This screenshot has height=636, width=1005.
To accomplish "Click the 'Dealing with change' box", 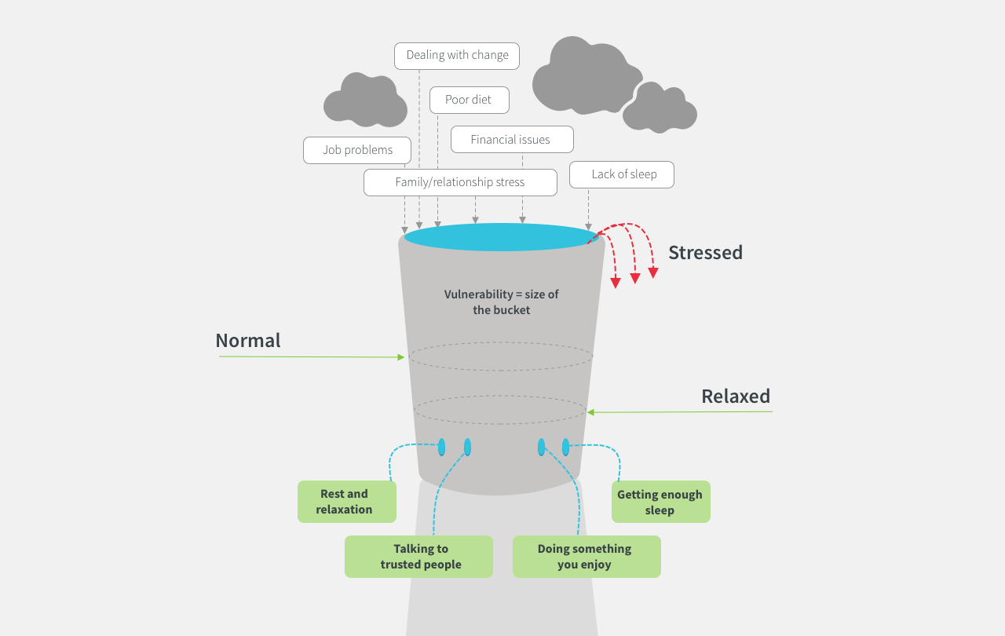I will tap(457, 56).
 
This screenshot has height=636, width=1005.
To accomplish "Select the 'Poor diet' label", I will tap(469, 100).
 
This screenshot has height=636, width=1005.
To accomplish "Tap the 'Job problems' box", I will tap(357, 150).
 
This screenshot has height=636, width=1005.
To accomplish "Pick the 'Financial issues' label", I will tap(511, 140).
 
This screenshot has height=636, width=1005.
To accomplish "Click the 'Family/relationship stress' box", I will tap(460, 182).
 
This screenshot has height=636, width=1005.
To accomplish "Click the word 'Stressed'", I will tap(705, 253).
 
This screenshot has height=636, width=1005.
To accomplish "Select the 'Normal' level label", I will tap(248, 341).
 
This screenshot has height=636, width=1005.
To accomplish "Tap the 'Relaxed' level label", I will tap(736, 397).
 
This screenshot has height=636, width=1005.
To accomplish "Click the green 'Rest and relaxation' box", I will tap(345, 502).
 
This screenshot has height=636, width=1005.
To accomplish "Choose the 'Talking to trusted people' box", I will tap(419, 557).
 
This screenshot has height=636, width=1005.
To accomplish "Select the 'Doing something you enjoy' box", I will tap(586, 557).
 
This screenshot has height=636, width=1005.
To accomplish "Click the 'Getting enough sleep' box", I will tap(660, 502).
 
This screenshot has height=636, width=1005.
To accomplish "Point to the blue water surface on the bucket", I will tap(501, 237).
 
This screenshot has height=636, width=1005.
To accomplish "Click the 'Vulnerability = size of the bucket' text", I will tap(501, 302).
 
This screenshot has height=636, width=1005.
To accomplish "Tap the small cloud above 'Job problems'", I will tap(365, 101).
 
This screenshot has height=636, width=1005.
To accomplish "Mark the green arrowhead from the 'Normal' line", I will tap(401, 357).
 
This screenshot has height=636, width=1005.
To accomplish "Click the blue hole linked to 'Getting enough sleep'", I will tap(565, 448).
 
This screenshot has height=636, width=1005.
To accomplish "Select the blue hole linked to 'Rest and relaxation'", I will tap(441, 448).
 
